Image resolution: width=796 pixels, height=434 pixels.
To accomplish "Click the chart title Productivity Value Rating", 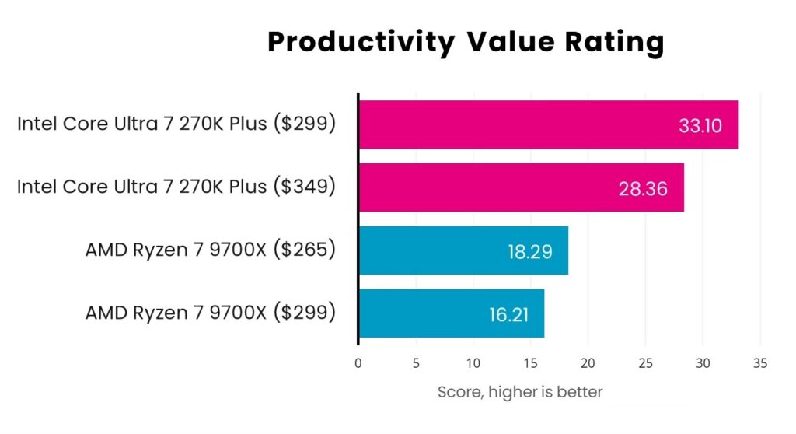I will [x=466, y=42].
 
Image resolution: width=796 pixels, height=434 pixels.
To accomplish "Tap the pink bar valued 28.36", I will [x=521, y=187].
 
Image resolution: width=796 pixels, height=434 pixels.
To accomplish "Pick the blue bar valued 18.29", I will [x=463, y=250].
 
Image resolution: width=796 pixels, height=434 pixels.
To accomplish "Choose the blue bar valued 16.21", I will [x=451, y=313].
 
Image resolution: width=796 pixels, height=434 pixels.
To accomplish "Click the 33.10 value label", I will [x=700, y=125].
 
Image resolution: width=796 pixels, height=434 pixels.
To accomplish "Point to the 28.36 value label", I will [x=643, y=188].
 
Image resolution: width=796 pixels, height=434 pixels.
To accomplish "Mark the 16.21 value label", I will [x=503, y=314].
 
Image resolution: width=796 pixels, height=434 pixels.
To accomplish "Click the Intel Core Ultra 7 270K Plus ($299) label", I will [x=176, y=124].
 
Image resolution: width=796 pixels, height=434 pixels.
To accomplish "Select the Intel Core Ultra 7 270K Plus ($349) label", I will [x=176, y=187].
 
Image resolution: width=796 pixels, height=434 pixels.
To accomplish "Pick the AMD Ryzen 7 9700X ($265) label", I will [x=211, y=250].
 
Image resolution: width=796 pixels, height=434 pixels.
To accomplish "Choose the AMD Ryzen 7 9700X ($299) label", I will [x=211, y=313].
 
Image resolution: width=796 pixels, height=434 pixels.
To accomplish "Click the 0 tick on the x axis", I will [x=358, y=362].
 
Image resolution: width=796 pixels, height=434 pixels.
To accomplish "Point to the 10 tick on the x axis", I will [x=473, y=362].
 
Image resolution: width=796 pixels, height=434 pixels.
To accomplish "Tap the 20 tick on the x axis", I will [x=588, y=362].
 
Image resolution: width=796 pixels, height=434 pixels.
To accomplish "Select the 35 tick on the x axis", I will [x=760, y=362].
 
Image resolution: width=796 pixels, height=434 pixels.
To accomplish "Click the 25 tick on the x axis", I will [x=645, y=362].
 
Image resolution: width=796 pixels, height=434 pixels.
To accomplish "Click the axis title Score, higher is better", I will [x=520, y=393].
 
